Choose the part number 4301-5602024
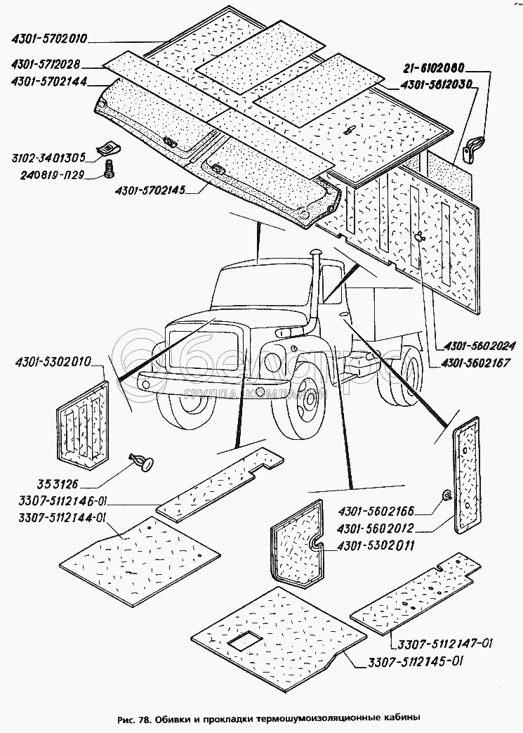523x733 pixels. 479,346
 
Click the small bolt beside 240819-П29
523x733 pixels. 110,168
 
